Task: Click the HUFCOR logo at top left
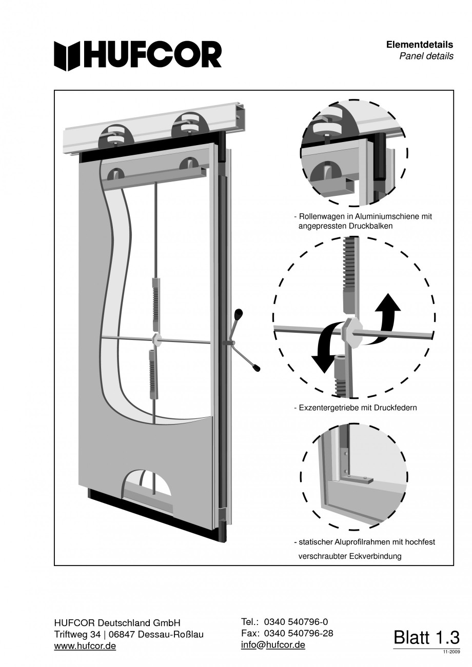point(137,55)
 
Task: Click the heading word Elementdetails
point(419,45)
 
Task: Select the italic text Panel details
point(426,56)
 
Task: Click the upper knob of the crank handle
point(239,313)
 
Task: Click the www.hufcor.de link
point(85,646)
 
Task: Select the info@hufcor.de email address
point(273,644)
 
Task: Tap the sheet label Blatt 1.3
point(426,637)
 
